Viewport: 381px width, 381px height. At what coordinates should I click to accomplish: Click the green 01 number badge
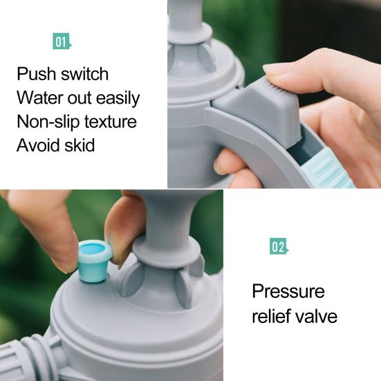(62, 41)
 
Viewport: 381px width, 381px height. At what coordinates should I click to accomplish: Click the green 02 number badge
(279, 246)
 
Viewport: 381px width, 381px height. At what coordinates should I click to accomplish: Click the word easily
(118, 98)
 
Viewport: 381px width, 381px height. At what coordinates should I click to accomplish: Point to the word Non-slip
(48, 122)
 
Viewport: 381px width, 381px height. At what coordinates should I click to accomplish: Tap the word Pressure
(288, 291)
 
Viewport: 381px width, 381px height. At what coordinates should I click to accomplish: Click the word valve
(316, 316)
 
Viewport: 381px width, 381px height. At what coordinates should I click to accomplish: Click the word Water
(39, 97)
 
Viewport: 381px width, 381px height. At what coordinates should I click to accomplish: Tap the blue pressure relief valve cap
(95, 261)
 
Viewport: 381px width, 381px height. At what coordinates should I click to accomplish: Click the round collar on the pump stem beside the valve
(167, 252)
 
